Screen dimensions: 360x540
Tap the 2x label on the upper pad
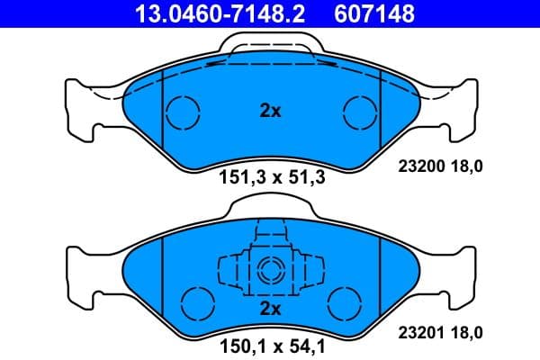point(270,112)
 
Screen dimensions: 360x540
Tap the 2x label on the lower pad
point(270,308)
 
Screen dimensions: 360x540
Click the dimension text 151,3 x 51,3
point(271,176)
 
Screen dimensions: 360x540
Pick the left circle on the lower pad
point(195,301)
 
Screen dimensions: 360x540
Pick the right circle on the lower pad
point(344,301)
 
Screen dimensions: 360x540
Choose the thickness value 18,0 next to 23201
point(468,332)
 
